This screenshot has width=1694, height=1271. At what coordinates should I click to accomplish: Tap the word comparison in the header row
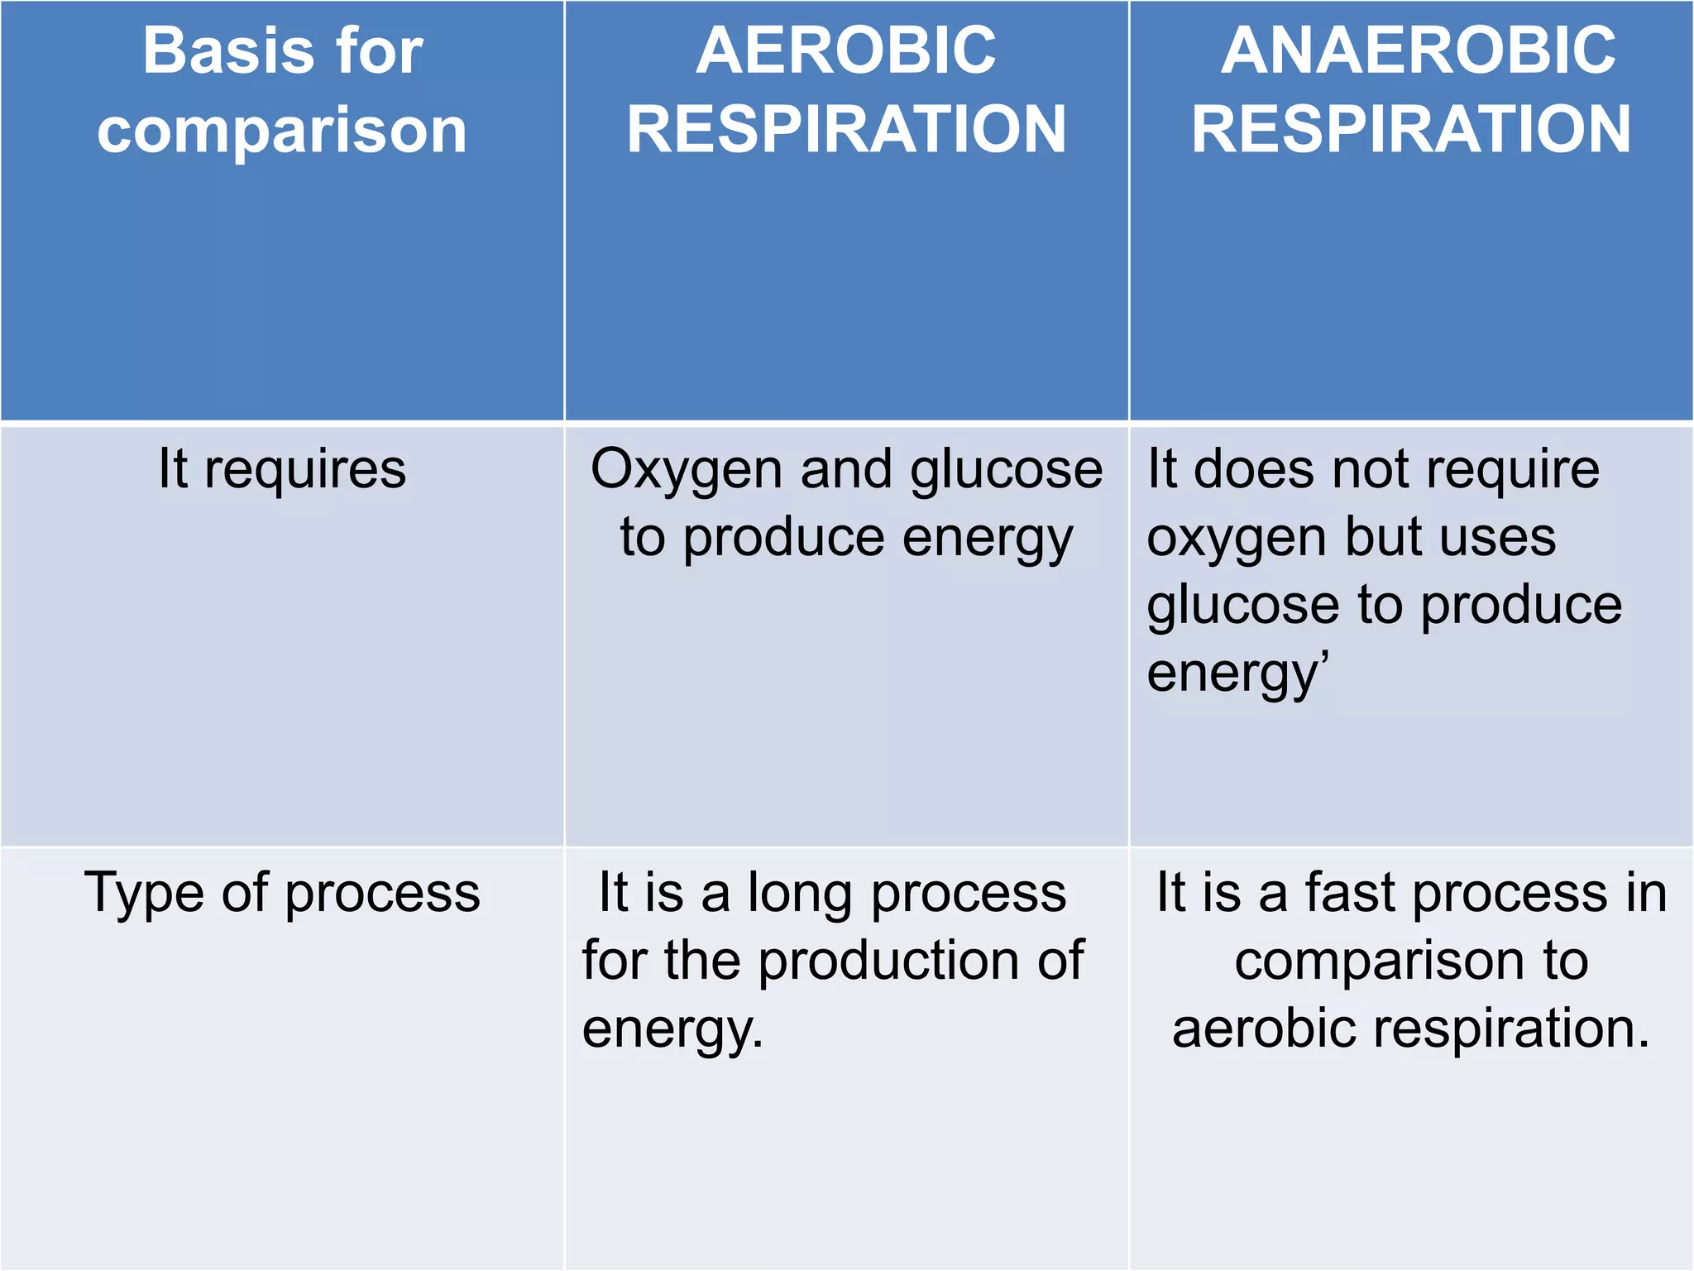tap(282, 131)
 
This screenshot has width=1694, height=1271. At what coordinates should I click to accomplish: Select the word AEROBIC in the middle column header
tap(846, 51)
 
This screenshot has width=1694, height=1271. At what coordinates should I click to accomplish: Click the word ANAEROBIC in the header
tap(1418, 51)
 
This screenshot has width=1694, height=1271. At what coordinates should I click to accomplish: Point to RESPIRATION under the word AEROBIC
tap(846, 130)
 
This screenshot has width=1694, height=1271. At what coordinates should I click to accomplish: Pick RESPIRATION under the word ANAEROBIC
tap(1411, 130)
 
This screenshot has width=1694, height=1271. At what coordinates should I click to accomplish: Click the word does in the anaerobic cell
tap(1254, 469)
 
